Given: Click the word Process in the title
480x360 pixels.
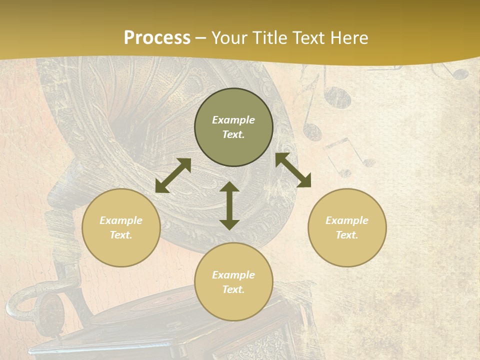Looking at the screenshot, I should click(157, 38).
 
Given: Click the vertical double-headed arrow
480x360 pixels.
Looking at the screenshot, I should click(229, 205).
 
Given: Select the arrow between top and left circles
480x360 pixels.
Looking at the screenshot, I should click(173, 175).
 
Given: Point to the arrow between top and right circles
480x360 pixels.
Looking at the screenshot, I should click(293, 170).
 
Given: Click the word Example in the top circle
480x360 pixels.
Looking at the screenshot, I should click(233, 120).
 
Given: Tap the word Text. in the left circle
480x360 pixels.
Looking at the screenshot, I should click(121, 235).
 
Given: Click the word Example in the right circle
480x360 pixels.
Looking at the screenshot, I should click(347, 220).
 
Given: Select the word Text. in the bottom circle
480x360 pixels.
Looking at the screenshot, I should click(233, 289).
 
